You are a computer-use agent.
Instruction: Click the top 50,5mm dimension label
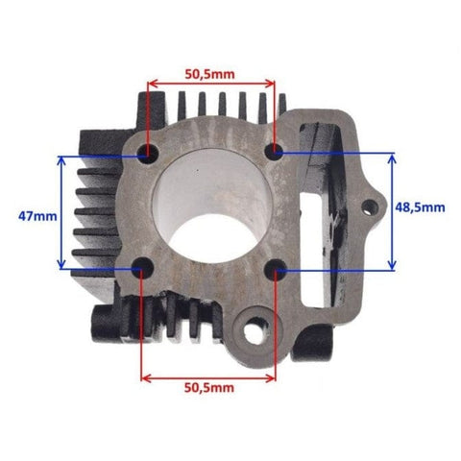click(x=209, y=74)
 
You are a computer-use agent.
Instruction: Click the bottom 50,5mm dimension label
click(x=209, y=388)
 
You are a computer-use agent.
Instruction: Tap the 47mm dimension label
click(x=37, y=216)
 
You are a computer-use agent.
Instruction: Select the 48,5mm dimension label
click(x=420, y=207)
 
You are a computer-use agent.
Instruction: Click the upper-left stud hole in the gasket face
click(x=148, y=153)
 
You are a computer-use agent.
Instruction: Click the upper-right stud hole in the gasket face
click(x=275, y=150)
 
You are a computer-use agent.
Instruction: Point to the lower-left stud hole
click(x=142, y=267)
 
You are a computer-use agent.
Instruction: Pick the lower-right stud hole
click(x=275, y=270)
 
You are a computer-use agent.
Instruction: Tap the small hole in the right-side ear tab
click(x=370, y=206)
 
